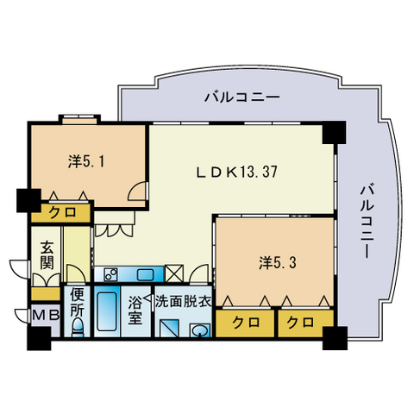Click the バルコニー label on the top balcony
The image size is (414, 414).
point(241,97)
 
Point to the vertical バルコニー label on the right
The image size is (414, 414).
point(365,222)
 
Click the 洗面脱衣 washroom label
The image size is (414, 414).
point(184,302)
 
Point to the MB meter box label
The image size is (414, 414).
point(45,316)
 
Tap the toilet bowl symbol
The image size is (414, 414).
point(77,327)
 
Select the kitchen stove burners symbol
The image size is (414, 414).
point(110,274)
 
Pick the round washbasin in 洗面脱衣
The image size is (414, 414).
point(199,330)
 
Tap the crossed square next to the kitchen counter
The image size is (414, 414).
point(174,274)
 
